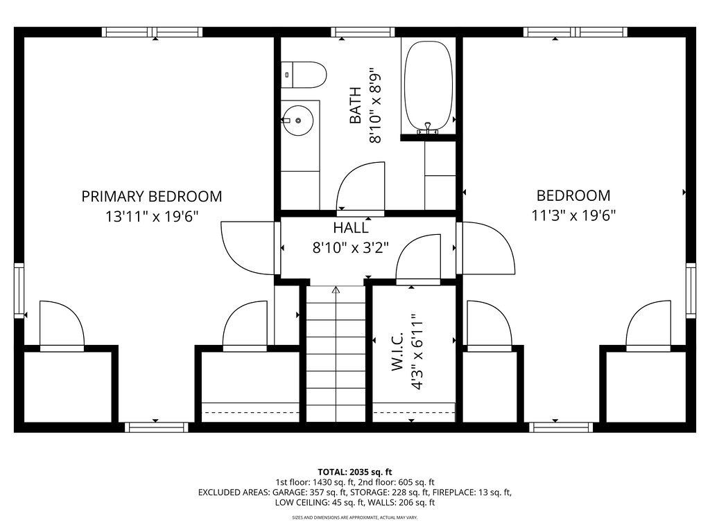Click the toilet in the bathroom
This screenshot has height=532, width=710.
[x=304, y=75]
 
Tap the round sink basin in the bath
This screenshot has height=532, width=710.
[x=298, y=121]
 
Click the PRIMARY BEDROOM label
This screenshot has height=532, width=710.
[x=152, y=196]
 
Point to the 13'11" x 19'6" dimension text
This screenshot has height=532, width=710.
[x=152, y=217]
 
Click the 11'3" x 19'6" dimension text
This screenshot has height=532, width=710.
[x=573, y=215]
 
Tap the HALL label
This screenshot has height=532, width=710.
[x=351, y=227]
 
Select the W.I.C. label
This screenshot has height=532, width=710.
[x=397, y=351]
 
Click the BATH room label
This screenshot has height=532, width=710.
[x=356, y=105]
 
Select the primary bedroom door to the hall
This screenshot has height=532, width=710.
[x=248, y=249]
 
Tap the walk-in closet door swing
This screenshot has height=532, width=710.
[x=418, y=259]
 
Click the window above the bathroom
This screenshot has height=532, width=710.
[x=362, y=32]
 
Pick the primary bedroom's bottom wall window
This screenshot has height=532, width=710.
[x=156, y=427]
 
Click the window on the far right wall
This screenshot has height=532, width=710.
[x=691, y=290]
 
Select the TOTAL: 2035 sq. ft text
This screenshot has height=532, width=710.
[x=354, y=472]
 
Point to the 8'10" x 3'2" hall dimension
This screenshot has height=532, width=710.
[x=351, y=247]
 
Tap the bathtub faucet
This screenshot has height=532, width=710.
[x=427, y=128]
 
